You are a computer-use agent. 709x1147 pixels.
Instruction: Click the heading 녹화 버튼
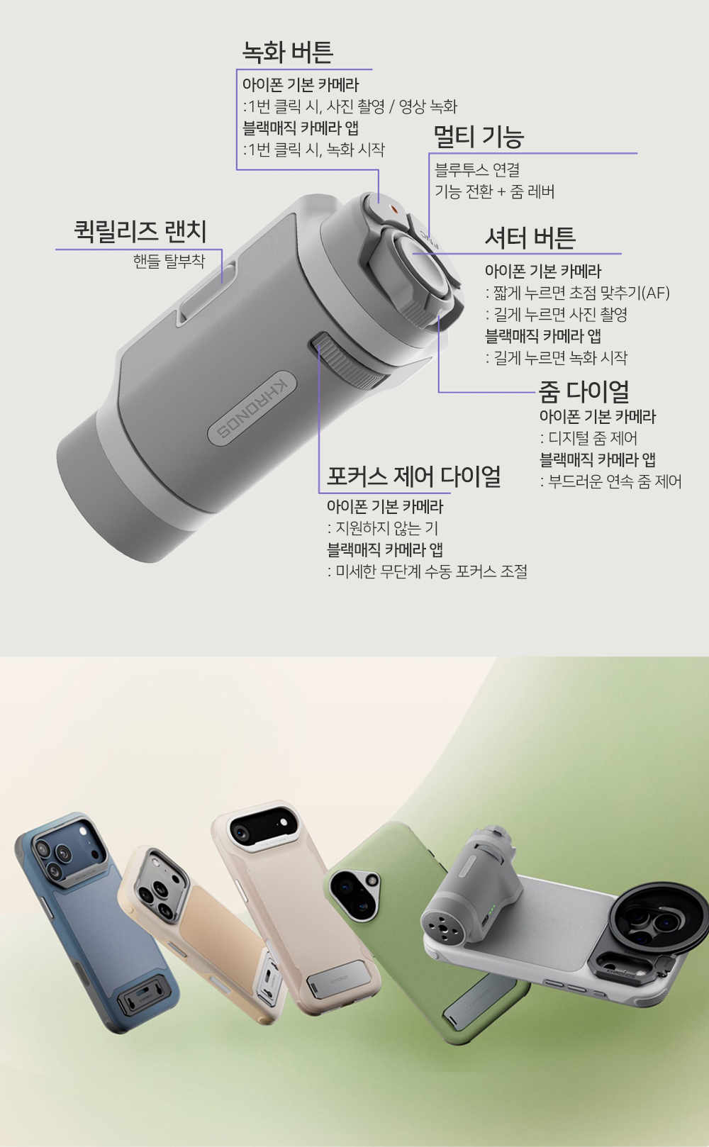[x=287, y=52]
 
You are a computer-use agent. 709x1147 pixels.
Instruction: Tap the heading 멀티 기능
[x=479, y=136]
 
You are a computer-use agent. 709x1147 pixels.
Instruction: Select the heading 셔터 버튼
[x=530, y=237]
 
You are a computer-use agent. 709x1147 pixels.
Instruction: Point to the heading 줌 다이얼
[x=584, y=392]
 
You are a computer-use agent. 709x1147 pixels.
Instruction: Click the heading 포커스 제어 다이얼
[x=414, y=476]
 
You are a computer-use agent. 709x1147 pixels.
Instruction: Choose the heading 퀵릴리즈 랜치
[x=140, y=231]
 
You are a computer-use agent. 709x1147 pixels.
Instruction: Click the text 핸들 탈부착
[x=169, y=261]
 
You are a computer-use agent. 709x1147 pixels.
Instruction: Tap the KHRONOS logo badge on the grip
[x=252, y=405]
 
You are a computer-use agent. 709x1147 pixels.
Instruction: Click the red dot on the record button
[x=393, y=209]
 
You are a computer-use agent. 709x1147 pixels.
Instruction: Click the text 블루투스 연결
[x=477, y=169]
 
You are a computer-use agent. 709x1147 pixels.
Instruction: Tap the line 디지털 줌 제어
[x=588, y=438]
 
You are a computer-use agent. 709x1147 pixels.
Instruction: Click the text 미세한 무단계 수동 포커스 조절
[x=428, y=571]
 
